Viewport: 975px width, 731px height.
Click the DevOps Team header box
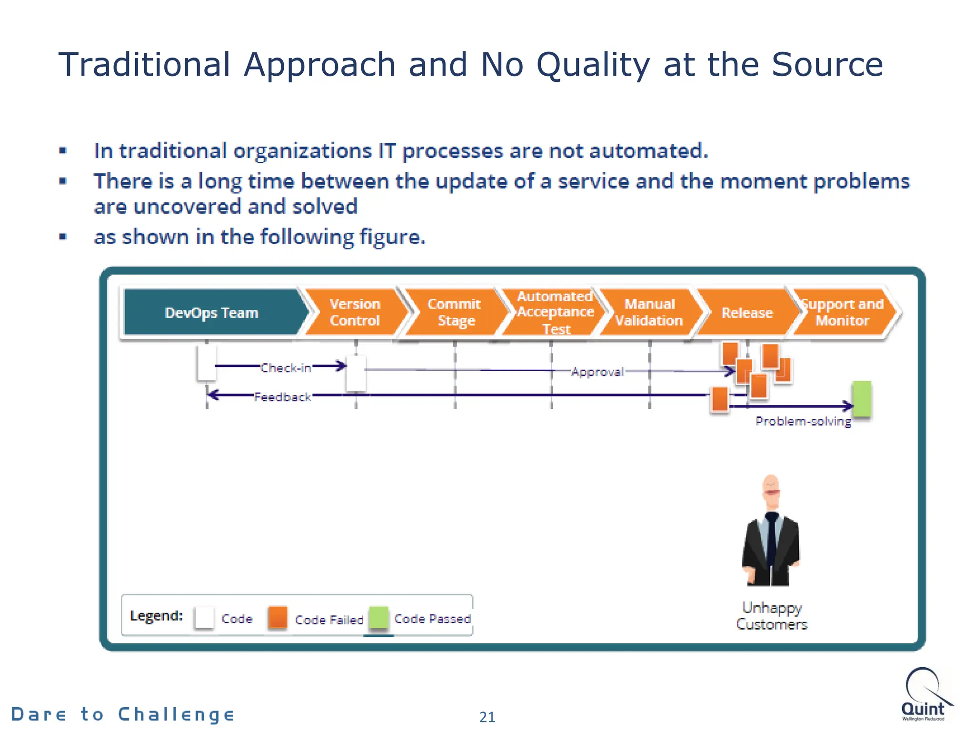[x=211, y=313]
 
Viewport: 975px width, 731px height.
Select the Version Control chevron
[x=355, y=312]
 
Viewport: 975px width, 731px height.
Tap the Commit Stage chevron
[x=455, y=312]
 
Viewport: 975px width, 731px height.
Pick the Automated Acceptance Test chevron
[x=555, y=312]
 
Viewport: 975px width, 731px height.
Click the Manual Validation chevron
[x=649, y=312]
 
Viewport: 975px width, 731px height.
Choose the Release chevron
[x=746, y=313]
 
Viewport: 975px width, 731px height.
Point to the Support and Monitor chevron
[x=842, y=312]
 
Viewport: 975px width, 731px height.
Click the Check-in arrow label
[x=286, y=368]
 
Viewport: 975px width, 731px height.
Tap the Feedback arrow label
[x=283, y=397]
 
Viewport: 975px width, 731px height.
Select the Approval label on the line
[x=597, y=372]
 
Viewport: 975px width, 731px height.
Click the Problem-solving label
[x=803, y=421]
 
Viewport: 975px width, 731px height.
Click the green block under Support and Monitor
[x=862, y=399]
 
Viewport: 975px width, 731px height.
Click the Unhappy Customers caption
[x=772, y=616]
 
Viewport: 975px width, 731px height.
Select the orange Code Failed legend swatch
[x=278, y=617]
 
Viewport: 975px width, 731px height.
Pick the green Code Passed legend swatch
[x=379, y=618]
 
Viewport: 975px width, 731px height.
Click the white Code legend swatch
[x=204, y=618]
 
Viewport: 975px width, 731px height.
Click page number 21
[x=487, y=717]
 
